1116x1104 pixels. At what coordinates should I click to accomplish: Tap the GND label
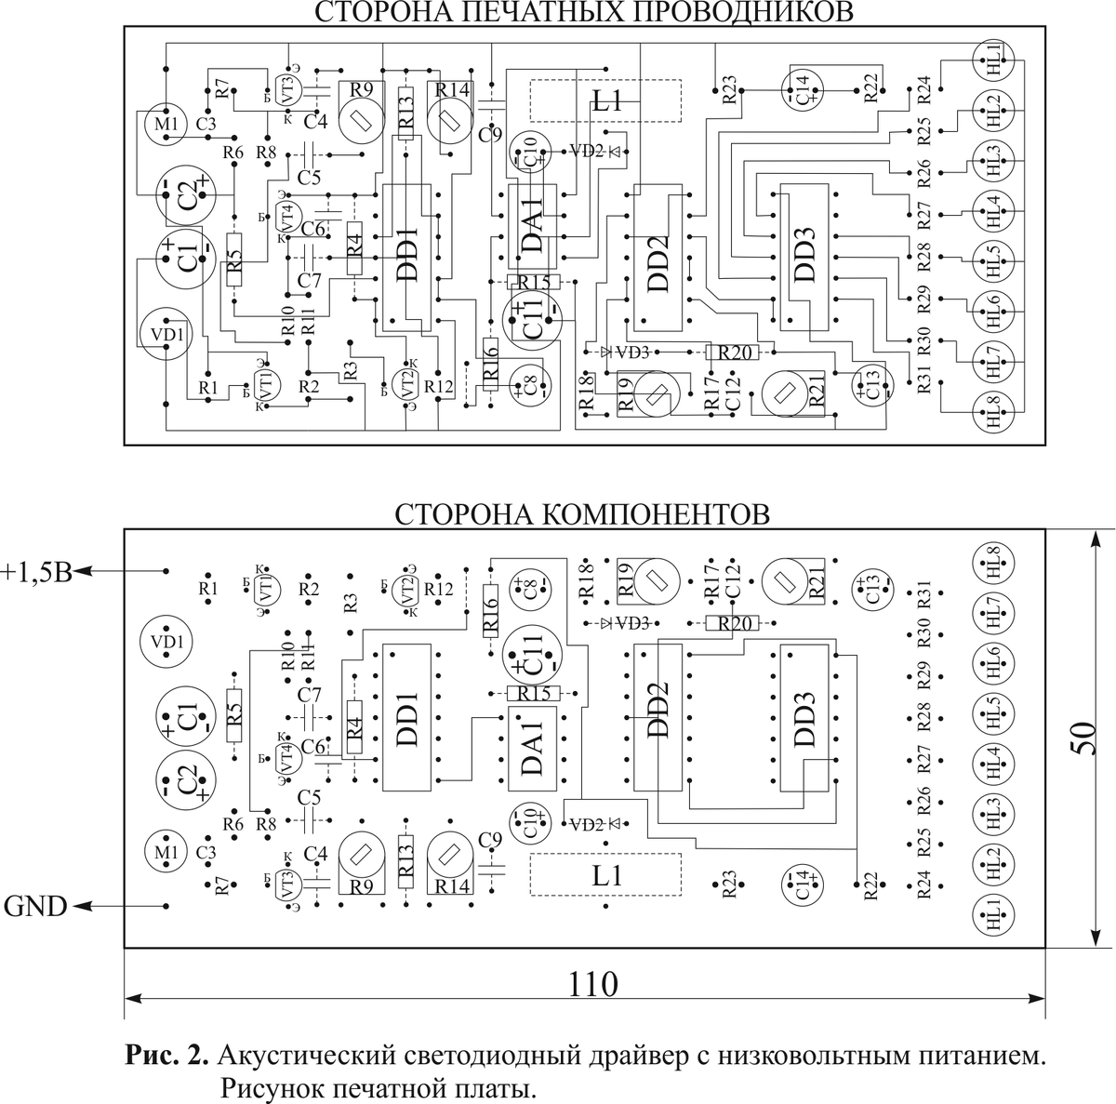point(35,905)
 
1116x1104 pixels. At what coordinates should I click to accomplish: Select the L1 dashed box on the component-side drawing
point(605,874)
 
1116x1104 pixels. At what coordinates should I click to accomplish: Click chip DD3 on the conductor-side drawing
point(804,256)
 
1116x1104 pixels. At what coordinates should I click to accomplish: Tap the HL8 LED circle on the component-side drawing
point(993,564)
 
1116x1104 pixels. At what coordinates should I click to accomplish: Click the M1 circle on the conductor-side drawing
point(166,124)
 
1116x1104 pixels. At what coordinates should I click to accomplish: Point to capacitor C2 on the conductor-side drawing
point(186,196)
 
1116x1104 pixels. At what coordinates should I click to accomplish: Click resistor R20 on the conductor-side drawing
point(733,352)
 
